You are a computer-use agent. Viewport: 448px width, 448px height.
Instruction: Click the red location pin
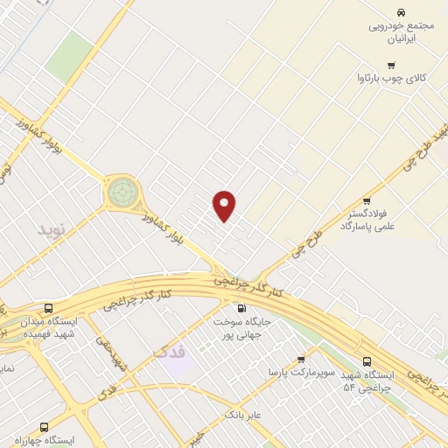pyautogui.click(x=225, y=204)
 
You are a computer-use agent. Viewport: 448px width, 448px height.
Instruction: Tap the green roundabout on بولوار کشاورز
pyautogui.click(x=122, y=190)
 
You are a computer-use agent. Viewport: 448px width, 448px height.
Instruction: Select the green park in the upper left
pyautogui.click(x=69, y=54)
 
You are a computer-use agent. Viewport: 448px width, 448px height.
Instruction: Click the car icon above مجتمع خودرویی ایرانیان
pyautogui.click(x=400, y=12)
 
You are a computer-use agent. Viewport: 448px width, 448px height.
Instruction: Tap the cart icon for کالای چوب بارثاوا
pyautogui.click(x=390, y=65)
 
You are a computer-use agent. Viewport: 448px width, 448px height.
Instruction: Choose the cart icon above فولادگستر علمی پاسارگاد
pyautogui.click(x=378, y=200)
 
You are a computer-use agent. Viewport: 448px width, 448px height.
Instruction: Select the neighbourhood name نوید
pyautogui.click(x=52, y=229)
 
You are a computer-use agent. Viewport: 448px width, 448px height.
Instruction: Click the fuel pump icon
pyautogui.click(x=241, y=307)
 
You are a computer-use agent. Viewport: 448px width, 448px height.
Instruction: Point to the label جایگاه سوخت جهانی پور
pyautogui.click(x=242, y=327)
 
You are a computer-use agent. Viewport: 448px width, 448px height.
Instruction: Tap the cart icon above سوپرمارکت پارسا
pyautogui.click(x=301, y=359)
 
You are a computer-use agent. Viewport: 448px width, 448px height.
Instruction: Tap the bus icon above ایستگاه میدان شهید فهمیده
pyautogui.click(x=47, y=308)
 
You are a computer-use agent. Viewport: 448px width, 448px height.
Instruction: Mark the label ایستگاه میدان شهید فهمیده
pyautogui.click(x=52, y=327)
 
